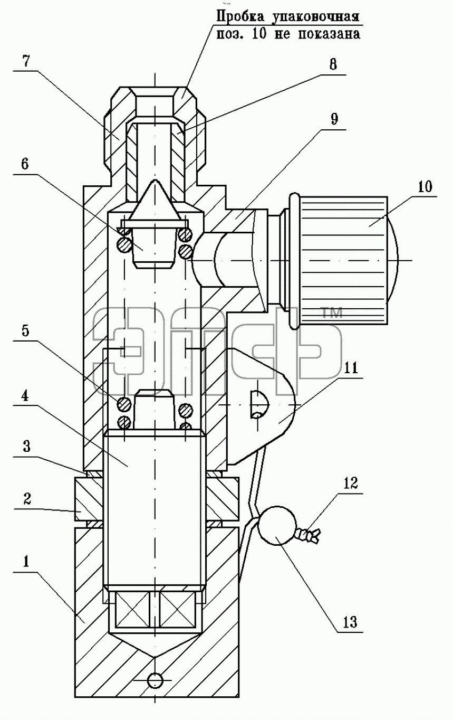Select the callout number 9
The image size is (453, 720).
(x=334, y=119)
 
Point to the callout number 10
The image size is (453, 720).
(x=425, y=187)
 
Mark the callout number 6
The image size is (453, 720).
(x=25, y=164)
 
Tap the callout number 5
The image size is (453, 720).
(x=26, y=331)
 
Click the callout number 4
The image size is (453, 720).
(x=25, y=396)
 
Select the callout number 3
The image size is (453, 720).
(x=26, y=447)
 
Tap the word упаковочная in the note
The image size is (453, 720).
(x=316, y=17)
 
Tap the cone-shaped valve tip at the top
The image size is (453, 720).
(x=156, y=201)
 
